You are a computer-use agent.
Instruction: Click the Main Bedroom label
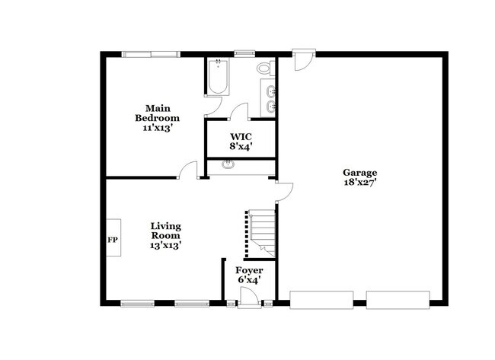coord(158,113)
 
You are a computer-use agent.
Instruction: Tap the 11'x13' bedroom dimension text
coord(158,129)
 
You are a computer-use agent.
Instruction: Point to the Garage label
coord(359,172)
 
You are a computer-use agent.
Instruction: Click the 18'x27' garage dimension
coord(359,183)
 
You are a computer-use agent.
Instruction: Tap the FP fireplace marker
coord(113,240)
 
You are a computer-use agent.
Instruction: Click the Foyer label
coord(249,270)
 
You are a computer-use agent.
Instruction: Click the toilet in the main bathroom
coord(264,68)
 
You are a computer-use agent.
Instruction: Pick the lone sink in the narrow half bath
coord(228,164)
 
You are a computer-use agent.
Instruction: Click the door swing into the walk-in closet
coord(239,111)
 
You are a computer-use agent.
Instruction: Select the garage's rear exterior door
coord(305,59)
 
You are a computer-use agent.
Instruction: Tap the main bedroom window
coord(152,54)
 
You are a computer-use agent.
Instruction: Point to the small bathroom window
coord(244,53)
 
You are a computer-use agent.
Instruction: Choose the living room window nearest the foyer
coord(192,304)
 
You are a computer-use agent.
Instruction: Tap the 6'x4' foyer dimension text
coord(249,281)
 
